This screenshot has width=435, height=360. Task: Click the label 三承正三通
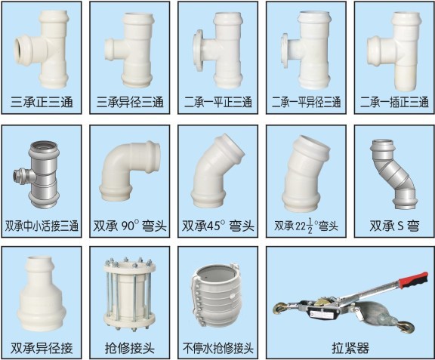point(42,103)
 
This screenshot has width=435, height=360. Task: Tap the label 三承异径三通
point(130,103)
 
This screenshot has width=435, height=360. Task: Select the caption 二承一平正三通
point(218,103)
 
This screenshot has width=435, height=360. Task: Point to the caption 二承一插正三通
point(394,103)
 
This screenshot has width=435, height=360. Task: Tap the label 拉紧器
point(350,348)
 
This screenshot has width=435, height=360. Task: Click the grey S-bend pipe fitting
point(393,174)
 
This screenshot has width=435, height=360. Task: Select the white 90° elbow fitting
point(129,171)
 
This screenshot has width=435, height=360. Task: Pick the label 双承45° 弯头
point(218,226)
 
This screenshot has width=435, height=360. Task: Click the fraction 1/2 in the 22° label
point(310,226)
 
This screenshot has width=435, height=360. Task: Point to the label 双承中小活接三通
point(42,226)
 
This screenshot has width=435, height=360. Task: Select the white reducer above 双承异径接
point(42,294)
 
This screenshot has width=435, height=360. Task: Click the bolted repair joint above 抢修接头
point(130,294)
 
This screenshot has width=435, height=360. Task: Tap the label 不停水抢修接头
point(218,348)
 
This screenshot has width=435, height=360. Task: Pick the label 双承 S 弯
point(394,226)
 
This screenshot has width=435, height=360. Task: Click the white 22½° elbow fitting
point(306,174)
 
